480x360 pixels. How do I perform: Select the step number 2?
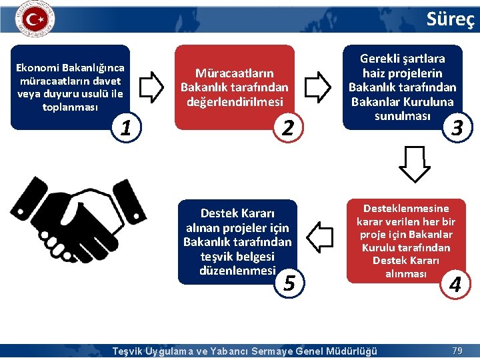tap(287, 127)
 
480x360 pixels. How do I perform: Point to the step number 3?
tap(457, 127)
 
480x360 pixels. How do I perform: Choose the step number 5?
tap(289, 283)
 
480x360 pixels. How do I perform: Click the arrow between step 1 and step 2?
tap(153, 86)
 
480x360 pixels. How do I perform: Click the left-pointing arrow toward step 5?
tap(322, 236)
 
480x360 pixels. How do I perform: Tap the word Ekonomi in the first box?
tap(37, 67)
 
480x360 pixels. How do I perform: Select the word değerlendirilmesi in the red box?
tap(235, 101)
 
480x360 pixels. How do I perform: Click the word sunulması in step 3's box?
tap(395, 115)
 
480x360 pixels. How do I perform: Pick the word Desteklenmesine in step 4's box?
tap(405, 208)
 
